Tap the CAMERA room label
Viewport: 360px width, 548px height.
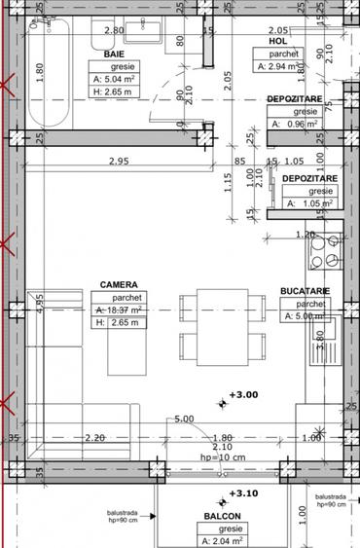pos(118,285)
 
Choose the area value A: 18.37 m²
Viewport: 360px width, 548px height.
pos(118,311)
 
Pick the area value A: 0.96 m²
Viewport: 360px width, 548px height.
pos(295,137)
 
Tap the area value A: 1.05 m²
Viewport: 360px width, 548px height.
pos(309,204)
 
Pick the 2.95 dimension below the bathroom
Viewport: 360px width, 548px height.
pos(119,161)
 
